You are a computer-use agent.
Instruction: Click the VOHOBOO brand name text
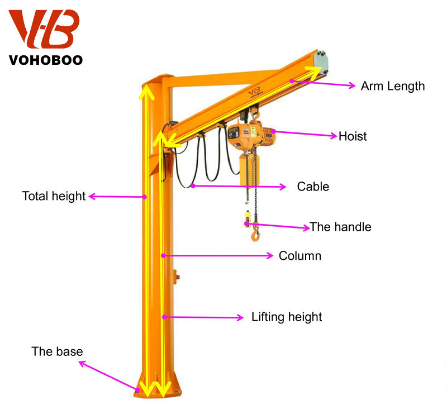46,59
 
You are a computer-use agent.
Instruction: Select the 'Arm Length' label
392,86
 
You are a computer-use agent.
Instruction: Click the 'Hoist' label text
353,136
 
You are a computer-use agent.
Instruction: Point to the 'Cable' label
313,187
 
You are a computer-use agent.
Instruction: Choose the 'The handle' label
340,227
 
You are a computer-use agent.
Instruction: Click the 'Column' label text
300,256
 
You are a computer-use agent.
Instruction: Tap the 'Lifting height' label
287,317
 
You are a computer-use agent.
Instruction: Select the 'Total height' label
54,196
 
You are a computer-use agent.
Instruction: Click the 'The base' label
57,351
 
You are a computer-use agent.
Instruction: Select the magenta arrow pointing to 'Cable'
240,186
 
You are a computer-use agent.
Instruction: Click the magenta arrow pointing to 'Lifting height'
204,317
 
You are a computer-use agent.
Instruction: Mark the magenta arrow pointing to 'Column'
218,256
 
